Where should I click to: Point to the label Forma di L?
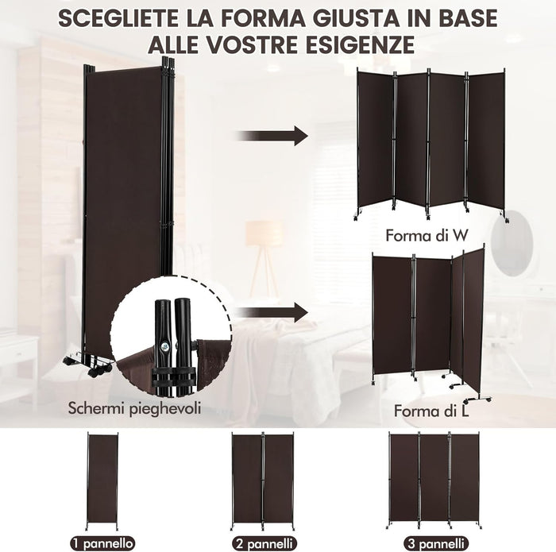430,411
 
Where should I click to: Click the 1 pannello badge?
101,543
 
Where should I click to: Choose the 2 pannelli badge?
262,543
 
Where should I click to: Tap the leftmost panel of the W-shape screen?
374,140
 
